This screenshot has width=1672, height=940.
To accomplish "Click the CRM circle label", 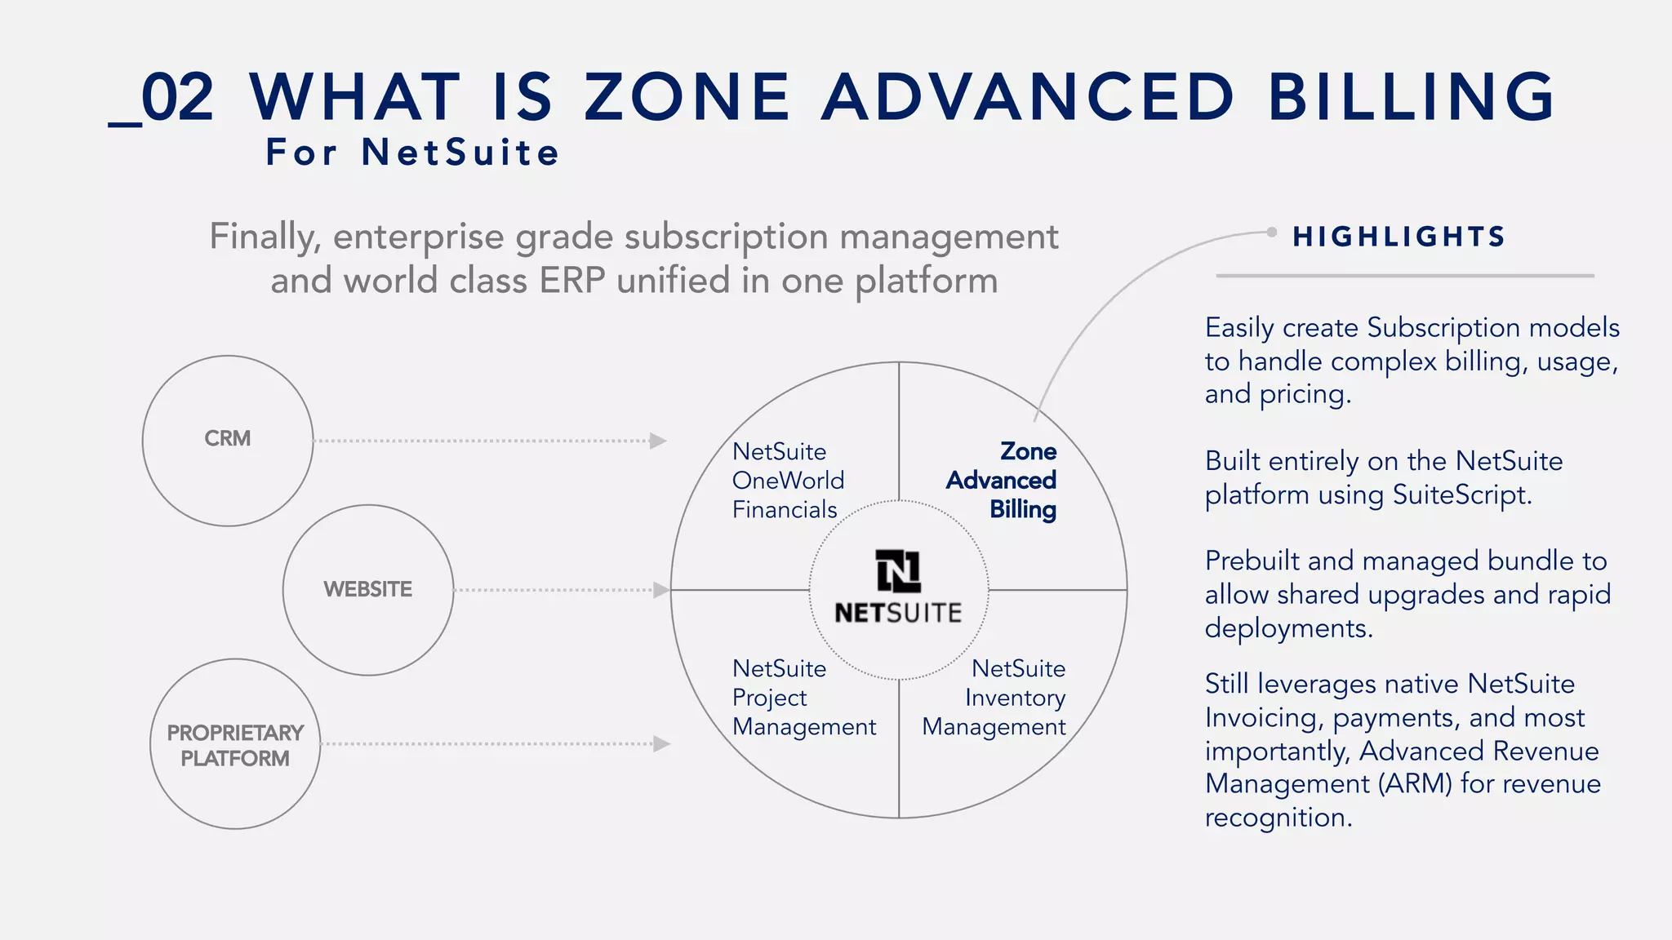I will pos(228,439).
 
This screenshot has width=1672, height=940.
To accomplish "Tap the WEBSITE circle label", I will pos(367,589).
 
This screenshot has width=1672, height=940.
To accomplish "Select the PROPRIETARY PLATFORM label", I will pos(235,745).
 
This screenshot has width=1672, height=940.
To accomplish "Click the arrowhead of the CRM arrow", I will pos(658,441).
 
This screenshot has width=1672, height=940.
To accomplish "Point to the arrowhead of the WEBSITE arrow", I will pos(661,590).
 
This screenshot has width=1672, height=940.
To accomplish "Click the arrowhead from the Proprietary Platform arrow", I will pos(662,744).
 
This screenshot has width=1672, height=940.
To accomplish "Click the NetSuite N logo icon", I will pos(898,570).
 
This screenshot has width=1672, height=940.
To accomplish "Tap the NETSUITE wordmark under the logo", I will pos(898,613).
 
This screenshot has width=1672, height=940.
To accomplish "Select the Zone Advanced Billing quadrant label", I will pos(1002,481).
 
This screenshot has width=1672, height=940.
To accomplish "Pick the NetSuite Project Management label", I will pos(803,698).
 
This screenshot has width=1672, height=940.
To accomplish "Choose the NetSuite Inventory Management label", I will pos(994,698).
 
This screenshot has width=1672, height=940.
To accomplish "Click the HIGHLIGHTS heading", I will pos(1399,237).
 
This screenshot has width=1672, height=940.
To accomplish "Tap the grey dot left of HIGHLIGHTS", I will pos(1271,233).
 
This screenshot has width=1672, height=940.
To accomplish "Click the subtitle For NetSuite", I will pos(413,153).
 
